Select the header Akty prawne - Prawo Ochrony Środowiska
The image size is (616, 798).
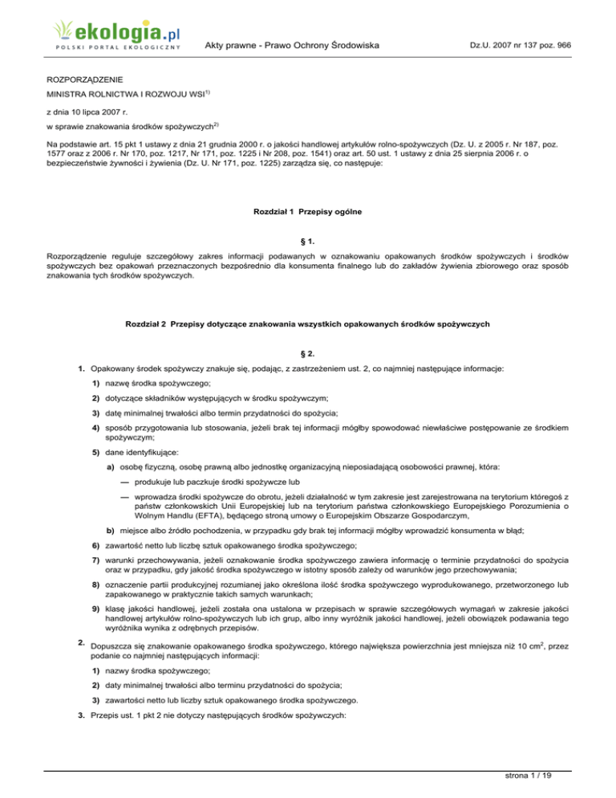(292, 46)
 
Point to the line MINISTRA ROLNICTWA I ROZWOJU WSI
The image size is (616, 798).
(120, 99)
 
